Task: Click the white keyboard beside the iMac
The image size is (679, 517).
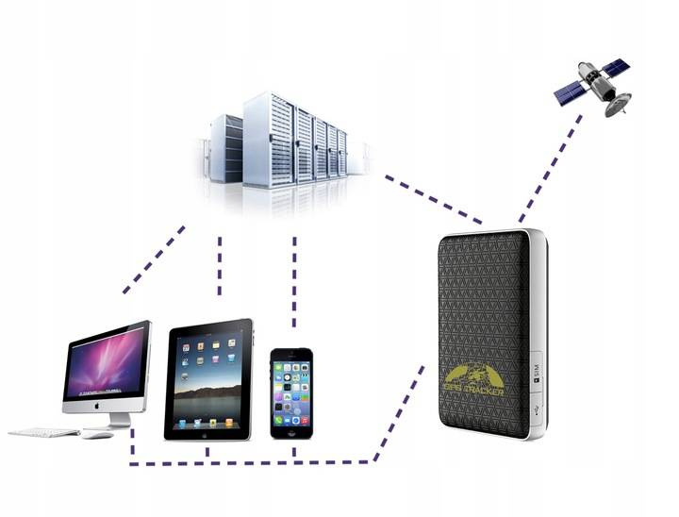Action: (43, 433)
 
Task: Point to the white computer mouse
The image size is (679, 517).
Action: (96, 434)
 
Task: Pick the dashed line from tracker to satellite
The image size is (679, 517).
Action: (549, 170)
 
